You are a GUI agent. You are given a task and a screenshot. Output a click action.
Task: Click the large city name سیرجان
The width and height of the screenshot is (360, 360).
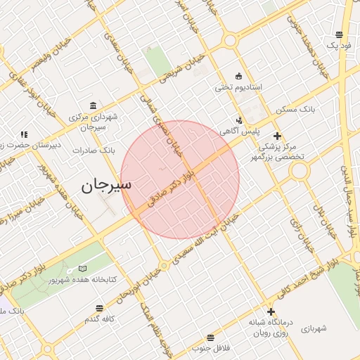coord(107,186)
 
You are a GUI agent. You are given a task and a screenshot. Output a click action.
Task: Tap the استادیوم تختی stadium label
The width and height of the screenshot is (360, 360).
coord(238,88)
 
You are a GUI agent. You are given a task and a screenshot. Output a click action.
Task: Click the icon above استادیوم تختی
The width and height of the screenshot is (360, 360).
coord(238,76)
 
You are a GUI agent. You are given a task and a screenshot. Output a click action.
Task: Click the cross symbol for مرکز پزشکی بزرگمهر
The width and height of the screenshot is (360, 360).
coord(278,136)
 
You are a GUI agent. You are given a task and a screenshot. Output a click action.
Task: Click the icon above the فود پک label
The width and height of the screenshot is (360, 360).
coord(339,34)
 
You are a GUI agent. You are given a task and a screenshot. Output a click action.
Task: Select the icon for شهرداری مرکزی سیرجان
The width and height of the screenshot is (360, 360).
coord(94,105)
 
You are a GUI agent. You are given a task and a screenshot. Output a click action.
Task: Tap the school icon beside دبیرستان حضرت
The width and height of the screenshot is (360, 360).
coord(24,134)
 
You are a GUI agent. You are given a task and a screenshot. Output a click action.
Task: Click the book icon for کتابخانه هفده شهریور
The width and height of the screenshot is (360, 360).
coord(84,269)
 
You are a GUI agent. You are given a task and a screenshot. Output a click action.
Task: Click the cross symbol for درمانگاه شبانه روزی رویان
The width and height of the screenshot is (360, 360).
coord(271,311)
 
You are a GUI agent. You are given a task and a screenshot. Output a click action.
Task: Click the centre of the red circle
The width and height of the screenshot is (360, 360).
coord(180,179)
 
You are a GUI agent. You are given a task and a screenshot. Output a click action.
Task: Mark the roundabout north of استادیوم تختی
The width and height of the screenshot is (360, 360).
coord(229,40)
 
